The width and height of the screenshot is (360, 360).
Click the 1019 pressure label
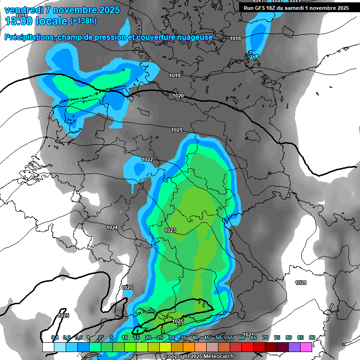pos(175,75)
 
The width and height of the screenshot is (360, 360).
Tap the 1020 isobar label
pos(178,96)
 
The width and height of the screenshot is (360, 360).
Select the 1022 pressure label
pos(147,159)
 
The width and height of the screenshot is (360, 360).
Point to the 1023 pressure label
pos(170,230)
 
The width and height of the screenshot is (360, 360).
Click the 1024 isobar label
pos(112,227)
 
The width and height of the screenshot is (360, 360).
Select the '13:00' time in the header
pos(18,21)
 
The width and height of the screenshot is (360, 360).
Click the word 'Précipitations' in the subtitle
pos(30,37)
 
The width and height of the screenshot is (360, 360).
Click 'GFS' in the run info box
pos(262,8)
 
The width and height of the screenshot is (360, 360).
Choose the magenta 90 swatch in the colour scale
pos(306,347)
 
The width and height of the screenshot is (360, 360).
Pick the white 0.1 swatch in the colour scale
pos(48,347)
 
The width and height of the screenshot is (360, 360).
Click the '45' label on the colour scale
pos(207,338)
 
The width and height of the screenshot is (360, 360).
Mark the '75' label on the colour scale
pos(277,338)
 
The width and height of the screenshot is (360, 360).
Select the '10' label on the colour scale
pos(125,338)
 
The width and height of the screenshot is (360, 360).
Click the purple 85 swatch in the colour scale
pos(294,347)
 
